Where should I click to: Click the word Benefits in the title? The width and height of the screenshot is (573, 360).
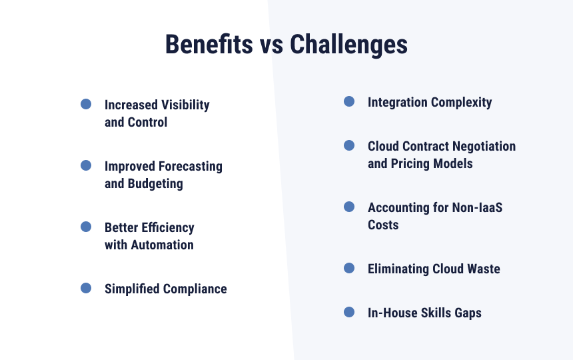pyautogui.click(x=209, y=44)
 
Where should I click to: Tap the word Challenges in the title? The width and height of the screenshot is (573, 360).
pyautogui.click(x=348, y=45)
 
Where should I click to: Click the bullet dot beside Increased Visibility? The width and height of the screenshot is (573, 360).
pyautogui.click(x=86, y=104)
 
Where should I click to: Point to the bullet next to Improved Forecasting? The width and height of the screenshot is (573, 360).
pyautogui.click(x=86, y=165)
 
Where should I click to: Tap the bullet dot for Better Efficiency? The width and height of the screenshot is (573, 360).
pyautogui.click(x=86, y=227)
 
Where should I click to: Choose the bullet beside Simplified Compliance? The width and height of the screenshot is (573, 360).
pyautogui.click(x=86, y=288)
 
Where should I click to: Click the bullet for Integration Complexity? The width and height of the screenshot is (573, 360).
pyautogui.click(x=349, y=101)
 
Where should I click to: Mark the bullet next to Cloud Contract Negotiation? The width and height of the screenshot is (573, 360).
pyautogui.click(x=349, y=145)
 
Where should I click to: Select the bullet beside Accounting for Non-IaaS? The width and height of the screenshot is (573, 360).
pyautogui.click(x=349, y=207)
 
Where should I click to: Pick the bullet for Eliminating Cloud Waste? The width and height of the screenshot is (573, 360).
pyautogui.click(x=349, y=268)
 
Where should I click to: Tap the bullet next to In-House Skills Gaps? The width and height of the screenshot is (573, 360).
pyautogui.click(x=349, y=312)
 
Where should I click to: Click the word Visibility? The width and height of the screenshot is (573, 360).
pyautogui.click(x=186, y=105)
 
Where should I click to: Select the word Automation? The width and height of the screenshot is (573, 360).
pyautogui.click(x=163, y=245)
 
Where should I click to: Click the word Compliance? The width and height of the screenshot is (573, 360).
pyautogui.click(x=195, y=289)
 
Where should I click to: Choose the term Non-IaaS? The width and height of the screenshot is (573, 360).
pyautogui.click(x=477, y=207)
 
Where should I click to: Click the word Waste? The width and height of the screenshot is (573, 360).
pyautogui.click(x=484, y=269)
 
